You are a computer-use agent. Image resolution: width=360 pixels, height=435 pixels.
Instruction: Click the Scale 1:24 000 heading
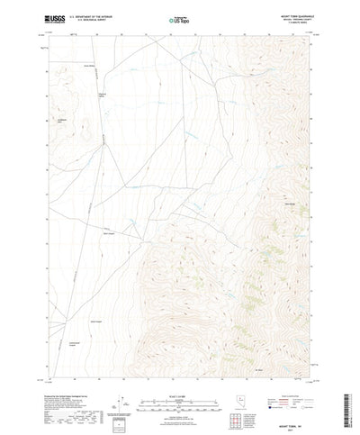(x=180, y=369)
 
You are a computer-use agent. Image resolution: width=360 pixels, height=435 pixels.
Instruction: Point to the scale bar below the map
(x=180, y=378)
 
